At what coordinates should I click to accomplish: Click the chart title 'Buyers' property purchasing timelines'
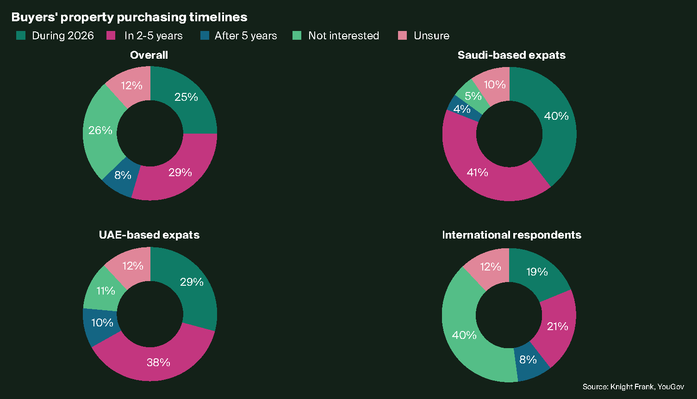click(x=129, y=17)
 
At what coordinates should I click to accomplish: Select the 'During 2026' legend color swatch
click(x=21, y=36)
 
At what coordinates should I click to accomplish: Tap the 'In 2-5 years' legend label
click(x=153, y=36)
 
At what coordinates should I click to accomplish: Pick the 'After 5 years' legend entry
click(x=245, y=36)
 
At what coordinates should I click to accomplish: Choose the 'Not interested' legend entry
click(x=343, y=36)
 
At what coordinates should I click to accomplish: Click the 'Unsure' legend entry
click(x=431, y=36)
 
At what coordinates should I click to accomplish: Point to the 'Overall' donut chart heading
click(x=149, y=55)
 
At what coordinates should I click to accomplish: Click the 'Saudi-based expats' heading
click(x=511, y=55)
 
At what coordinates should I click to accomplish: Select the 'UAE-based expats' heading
click(x=149, y=235)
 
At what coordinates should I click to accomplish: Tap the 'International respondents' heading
click(x=511, y=235)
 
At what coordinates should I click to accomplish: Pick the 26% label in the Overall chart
click(x=100, y=130)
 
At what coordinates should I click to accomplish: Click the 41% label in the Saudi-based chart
click(x=477, y=172)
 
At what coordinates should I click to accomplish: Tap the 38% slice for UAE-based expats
click(x=158, y=362)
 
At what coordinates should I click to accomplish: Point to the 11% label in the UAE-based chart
click(x=106, y=290)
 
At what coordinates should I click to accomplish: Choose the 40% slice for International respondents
click(x=464, y=335)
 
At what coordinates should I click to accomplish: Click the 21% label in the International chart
click(x=557, y=326)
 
